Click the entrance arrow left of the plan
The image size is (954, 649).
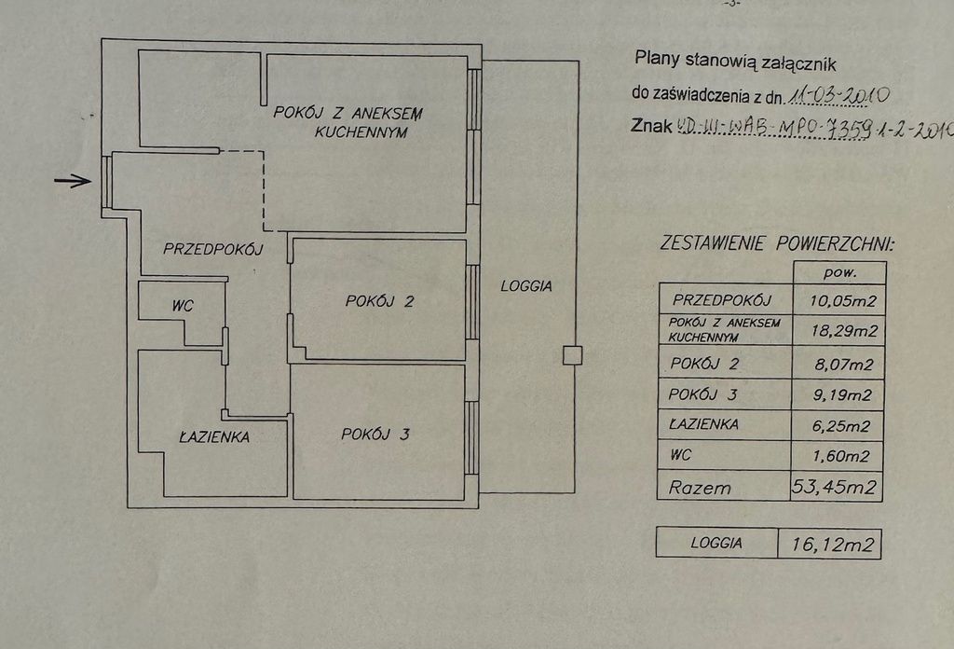73,181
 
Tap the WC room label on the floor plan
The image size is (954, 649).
182,304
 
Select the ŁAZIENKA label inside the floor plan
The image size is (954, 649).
214,435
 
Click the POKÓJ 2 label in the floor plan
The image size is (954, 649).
379,301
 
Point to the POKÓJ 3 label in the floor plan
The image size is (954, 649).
375,434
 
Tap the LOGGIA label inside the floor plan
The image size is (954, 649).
526,286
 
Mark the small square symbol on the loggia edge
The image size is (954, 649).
571,354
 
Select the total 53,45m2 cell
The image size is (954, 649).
837,486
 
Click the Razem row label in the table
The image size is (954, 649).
702,487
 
